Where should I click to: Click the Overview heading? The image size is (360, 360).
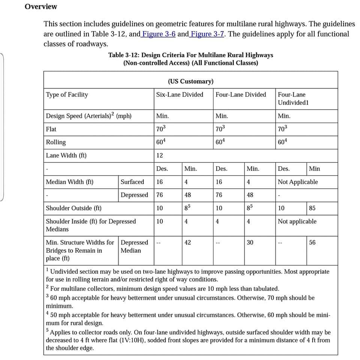click(41, 7)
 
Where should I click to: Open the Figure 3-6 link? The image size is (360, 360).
click(159, 34)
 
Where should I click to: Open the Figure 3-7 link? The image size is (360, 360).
click(207, 34)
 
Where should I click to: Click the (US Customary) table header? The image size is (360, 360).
click(190, 81)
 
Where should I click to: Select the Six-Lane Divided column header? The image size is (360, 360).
click(179, 95)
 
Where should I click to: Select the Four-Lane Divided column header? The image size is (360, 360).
click(240, 95)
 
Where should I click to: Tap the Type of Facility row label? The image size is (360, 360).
click(67, 95)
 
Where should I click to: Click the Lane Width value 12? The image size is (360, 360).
click(160, 155)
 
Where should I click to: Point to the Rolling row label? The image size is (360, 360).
click(56, 142)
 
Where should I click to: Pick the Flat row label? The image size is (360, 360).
click(51, 129)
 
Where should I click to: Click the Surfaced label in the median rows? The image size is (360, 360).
click(132, 182)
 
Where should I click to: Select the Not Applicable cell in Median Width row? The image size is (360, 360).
click(297, 182)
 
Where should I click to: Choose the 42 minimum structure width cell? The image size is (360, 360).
click(188, 243)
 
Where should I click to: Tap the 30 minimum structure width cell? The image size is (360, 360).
click(250, 243)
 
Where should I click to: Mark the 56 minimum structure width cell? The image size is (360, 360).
click(312, 243)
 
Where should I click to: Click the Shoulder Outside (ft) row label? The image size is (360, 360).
click(73, 208)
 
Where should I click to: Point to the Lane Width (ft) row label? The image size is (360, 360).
click(66, 155)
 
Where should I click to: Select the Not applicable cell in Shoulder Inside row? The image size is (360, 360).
click(297, 221)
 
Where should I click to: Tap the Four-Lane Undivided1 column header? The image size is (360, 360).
click(293, 99)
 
